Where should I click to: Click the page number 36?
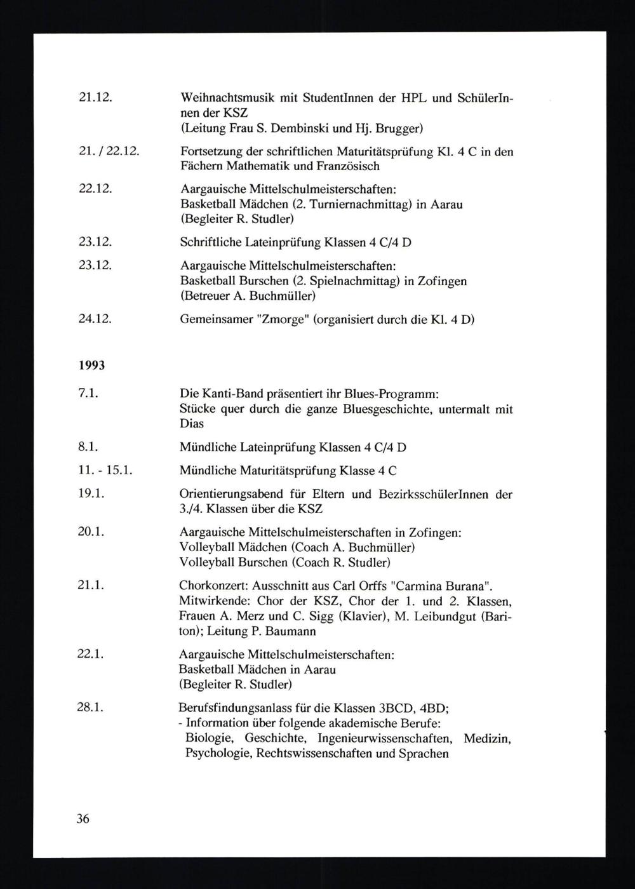coord(83,819)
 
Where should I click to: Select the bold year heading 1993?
coord(92,366)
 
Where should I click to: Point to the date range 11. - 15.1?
coord(104,471)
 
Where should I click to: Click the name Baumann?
coord(293,631)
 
